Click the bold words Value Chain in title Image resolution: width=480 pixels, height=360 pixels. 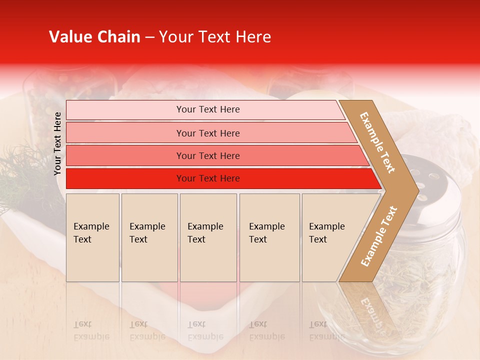94,37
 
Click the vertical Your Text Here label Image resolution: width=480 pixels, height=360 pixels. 57,143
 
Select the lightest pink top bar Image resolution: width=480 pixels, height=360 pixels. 125,110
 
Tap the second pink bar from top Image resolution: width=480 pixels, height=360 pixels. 125,133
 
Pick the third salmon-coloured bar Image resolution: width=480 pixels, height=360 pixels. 125,155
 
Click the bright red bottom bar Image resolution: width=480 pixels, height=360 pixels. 125,178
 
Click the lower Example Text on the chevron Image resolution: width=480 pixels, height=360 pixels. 379,236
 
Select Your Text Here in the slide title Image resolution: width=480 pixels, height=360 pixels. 215,37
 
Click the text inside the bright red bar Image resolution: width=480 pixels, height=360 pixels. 208,178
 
